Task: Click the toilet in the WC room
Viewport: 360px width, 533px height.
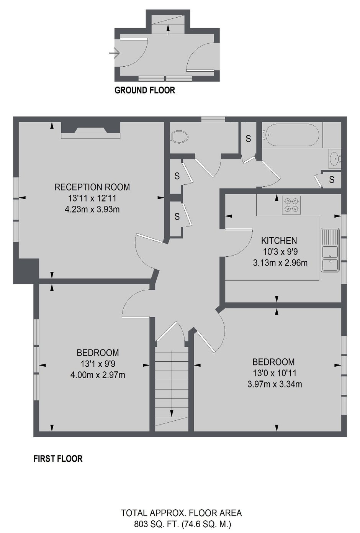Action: pos(180,136)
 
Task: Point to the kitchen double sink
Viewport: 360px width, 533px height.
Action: pos(330,250)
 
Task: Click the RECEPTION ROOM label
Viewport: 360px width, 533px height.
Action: pos(92,187)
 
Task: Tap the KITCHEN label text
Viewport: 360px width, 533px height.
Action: pos(279,241)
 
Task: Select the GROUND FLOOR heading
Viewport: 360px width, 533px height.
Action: pos(145,90)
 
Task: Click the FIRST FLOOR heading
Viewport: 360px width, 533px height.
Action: pos(58,459)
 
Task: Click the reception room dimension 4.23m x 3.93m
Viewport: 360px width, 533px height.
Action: pos(92,209)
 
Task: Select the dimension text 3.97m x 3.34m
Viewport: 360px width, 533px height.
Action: pos(275,384)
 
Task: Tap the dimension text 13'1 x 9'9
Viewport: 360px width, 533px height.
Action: pos(98,364)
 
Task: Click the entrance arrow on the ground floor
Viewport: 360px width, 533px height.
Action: pos(114,53)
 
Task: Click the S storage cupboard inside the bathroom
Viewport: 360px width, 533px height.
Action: pos(332,179)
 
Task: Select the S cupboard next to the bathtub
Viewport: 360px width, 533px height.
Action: pos(248,138)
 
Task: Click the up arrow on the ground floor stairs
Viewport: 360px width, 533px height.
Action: pos(169,30)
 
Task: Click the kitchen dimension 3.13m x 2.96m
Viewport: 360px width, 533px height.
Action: pos(280,263)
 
